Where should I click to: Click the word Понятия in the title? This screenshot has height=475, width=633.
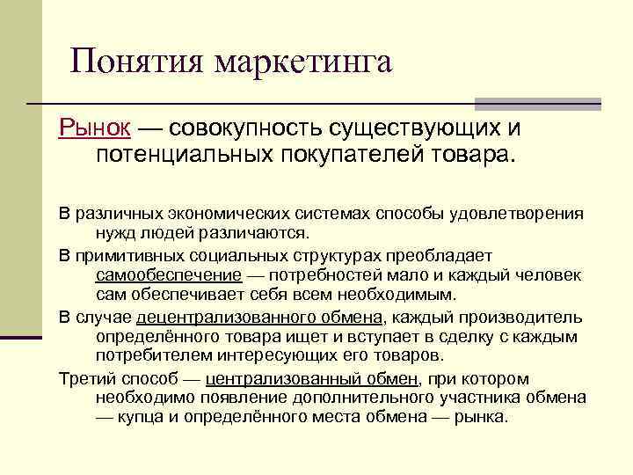pyautogui.click(x=137, y=62)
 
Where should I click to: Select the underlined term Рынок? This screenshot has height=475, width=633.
pyautogui.click(x=95, y=129)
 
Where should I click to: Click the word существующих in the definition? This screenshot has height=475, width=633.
pyautogui.click(x=412, y=129)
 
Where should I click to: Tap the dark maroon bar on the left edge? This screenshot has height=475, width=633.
pyautogui.click(x=21, y=337)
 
